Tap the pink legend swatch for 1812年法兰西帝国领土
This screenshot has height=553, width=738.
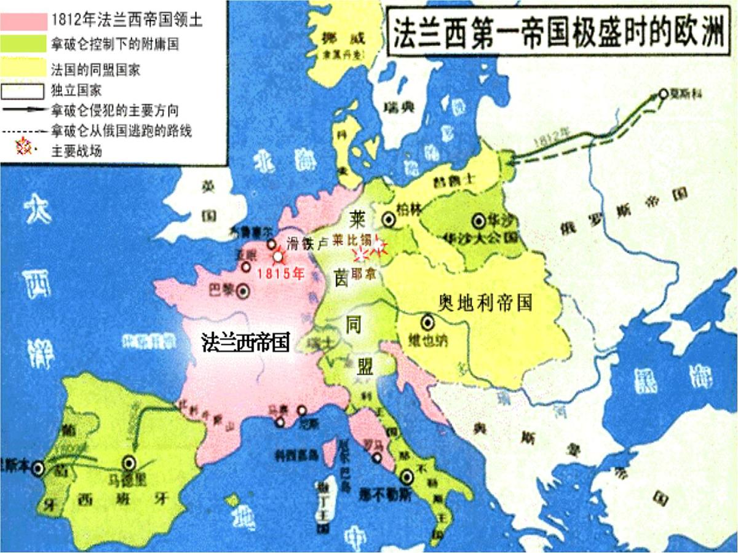(24, 20)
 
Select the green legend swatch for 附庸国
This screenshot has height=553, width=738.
(24, 44)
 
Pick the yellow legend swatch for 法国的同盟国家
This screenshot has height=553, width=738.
(24, 68)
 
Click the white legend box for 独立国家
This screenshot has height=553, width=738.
(24, 92)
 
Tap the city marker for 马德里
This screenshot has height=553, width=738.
(130, 463)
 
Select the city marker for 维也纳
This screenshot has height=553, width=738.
(427, 321)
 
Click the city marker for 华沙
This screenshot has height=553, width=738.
(478, 220)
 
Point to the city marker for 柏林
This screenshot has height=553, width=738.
(389, 218)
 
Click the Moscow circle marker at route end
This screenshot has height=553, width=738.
(663, 93)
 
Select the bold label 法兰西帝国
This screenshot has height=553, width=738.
(246, 343)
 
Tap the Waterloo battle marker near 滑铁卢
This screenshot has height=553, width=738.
(279, 256)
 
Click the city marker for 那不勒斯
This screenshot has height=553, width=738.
(407, 476)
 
